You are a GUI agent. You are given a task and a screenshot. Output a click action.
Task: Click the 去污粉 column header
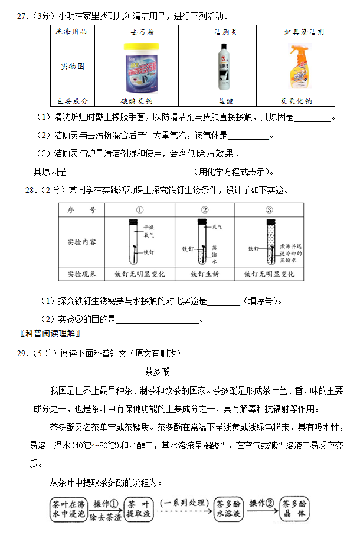(x=141, y=32)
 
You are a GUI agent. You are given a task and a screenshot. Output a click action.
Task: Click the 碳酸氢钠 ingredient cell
(x=141, y=100)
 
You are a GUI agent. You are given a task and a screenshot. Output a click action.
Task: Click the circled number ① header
(x=140, y=210)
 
